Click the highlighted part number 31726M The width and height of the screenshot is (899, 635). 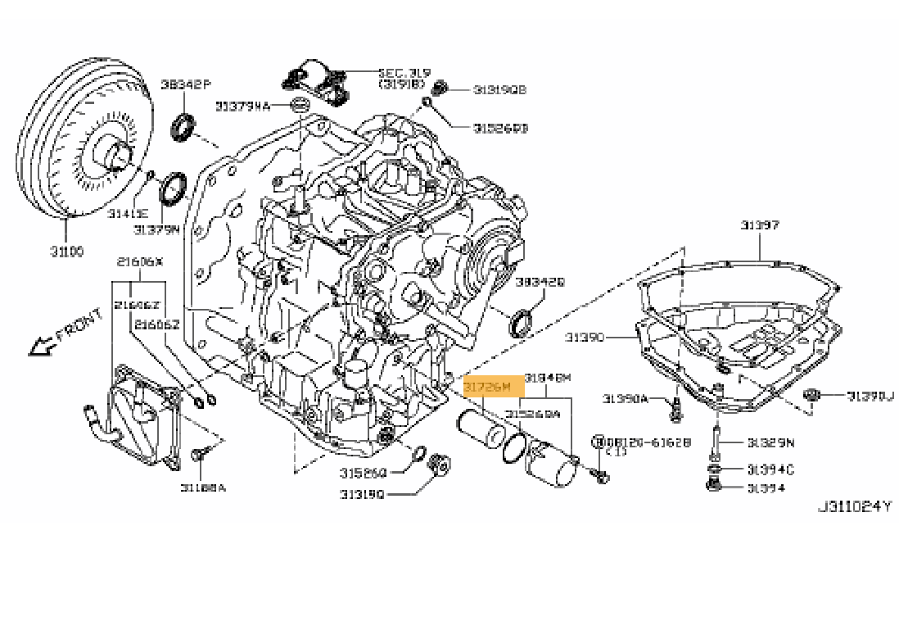pyautogui.click(x=487, y=386)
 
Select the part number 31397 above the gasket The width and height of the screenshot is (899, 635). pyautogui.click(x=760, y=225)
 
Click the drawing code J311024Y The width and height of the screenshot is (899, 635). pyautogui.click(x=854, y=506)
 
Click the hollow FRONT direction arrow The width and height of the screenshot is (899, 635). pyautogui.click(x=38, y=346)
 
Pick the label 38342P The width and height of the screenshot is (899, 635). pyautogui.click(x=185, y=84)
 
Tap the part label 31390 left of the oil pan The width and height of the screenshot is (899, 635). pyautogui.click(x=584, y=337)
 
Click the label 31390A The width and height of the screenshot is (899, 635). pyautogui.click(x=625, y=398)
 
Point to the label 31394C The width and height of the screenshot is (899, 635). pyautogui.click(x=770, y=469)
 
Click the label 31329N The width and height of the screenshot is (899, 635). pyautogui.click(x=770, y=443)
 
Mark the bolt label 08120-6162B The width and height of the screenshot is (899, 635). pyautogui.click(x=648, y=442)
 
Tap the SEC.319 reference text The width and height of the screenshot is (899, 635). pyautogui.click(x=404, y=73)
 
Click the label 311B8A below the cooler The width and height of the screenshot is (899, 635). pyautogui.click(x=203, y=488)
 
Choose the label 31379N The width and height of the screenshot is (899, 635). pyautogui.click(x=156, y=230)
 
